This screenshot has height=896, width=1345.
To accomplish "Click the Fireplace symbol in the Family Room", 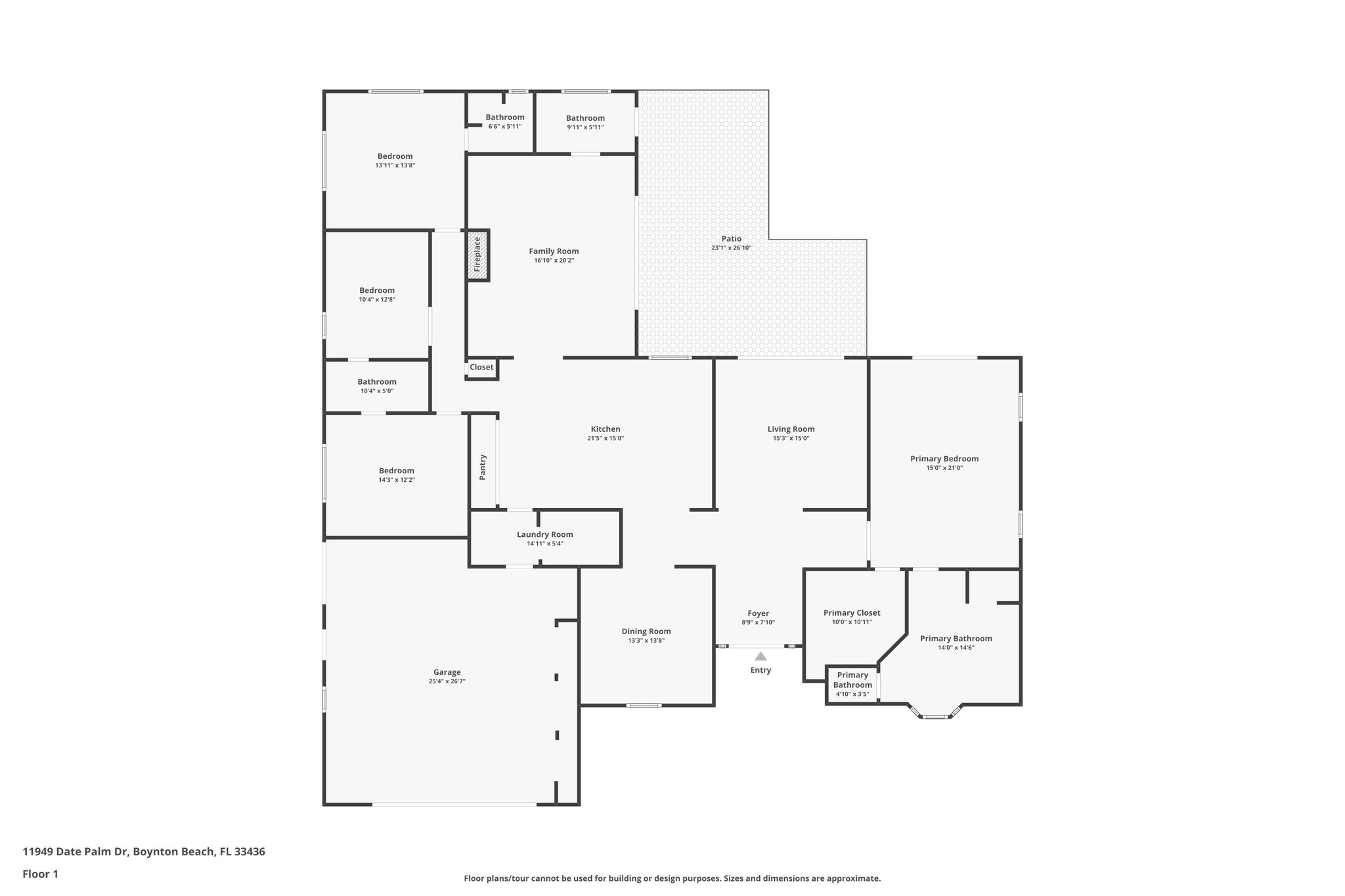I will click(x=477, y=255).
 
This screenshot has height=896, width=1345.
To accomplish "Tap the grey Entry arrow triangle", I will click(x=761, y=656).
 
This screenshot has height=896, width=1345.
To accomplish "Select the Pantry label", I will click(x=483, y=467).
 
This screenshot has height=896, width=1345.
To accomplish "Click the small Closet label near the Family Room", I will click(x=481, y=367).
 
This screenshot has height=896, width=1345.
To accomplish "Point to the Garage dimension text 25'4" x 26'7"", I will click(x=447, y=681).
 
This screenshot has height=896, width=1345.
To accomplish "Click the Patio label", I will click(x=731, y=239).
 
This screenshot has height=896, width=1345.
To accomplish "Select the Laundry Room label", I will click(x=544, y=534).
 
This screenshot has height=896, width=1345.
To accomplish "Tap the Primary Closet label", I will click(x=852, y=612).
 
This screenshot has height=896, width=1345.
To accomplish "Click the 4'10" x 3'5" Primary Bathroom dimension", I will click(x=852, y=694).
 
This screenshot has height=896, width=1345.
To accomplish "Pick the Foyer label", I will click(x=758, y=613).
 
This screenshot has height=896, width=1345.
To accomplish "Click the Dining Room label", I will click(x=646, y=631).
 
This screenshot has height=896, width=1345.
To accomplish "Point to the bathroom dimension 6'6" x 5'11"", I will click(x=504, y=126).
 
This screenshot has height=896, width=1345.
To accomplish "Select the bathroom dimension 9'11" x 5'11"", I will click(x=584, y=127).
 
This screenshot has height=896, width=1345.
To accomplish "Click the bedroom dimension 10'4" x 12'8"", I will click(x=376, y=299).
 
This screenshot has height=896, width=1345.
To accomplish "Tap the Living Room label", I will click(x=791, y=429).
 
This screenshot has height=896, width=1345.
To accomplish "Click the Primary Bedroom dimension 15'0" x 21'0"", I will click(x=944, y=468).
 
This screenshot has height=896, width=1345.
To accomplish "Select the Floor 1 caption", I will click(x=40, y=874).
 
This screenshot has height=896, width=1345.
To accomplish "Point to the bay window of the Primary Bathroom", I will click(x=935, y=715).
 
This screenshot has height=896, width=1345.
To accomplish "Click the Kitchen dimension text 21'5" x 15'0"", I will click(x=605, y=438).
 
